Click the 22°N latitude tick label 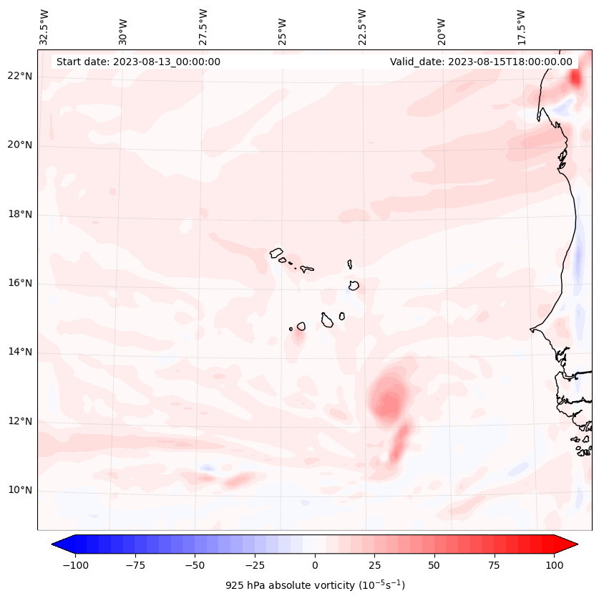click(x=19, y=77)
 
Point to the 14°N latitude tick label click(x=19, y=352)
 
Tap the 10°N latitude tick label click(x=19, y=491)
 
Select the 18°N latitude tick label click(x=19, y=215)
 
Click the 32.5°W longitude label click(x=44, y=27)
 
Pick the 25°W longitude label click(x=283, y=27)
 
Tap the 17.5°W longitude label click(x=521, y=27)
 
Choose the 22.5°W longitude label click(x=362, y=27)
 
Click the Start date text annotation click(x=138, y=62)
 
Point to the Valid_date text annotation click(x=481, y=62)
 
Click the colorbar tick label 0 click(x=315, y=565)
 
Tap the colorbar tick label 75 click(x=495, y=565)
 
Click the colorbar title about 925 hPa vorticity click(x=315, y=585)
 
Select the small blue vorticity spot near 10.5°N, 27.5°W click(x=207, y=468)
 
